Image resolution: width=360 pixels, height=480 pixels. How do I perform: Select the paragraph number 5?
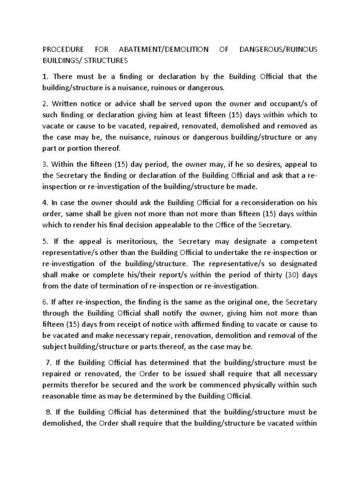[45, 241]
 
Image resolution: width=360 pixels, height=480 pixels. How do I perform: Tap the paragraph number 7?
[49, 363]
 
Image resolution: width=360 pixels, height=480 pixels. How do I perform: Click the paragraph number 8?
[49, 412]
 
